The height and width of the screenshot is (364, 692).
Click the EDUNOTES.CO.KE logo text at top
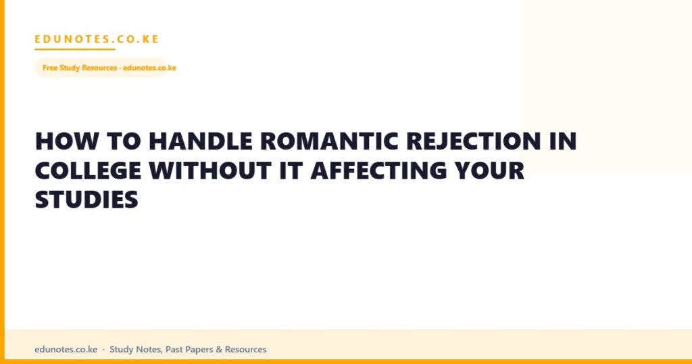pyautogui.click(x=97, y=39)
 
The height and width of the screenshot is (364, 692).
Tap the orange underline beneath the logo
pyautogui.click(x=75, y=49)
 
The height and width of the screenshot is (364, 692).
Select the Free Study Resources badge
pyautogui.click(x=106, y=68)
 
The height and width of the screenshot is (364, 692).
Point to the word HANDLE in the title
pyautogui.click(x=201, y=141)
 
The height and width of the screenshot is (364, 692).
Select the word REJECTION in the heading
pyautogui.click(x=474, y=141)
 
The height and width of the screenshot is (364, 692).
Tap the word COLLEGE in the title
pyautogui.click(x=89, y=170)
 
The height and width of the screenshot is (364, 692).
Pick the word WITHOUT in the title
pyautogui.click(x=210, y=170)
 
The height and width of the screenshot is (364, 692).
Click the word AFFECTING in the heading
pyautogui.click(x=378, y=170)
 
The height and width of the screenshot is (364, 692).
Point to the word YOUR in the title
pyautogui.click(x=489, y=170)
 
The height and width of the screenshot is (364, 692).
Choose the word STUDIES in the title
pyautogui.click(x=86, y=200)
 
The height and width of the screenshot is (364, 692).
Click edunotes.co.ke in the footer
pyautogui.click(x=66, y=349)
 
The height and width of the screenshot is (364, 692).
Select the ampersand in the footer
pyautogui.click(x=219, y=349)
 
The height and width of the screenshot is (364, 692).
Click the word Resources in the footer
pyautogui.click(x=246, y=349)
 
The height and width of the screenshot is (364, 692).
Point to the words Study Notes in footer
pyautogui.click(x=136, y=349)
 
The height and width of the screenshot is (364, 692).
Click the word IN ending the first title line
pyautogui.click(x=563, y=141)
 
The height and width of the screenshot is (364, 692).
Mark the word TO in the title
pyautogui.click(x=124, y=141)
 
